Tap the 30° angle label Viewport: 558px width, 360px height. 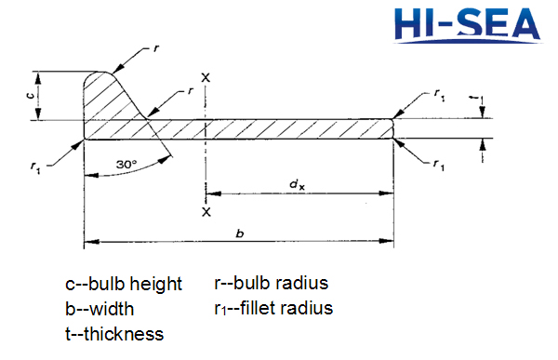pos(128,165)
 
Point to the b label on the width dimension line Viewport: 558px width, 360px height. pos(240,232)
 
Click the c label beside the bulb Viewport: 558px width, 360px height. pos(30,95)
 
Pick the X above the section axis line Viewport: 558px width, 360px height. pos(205,77)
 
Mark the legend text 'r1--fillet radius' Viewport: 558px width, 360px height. pos(273,307)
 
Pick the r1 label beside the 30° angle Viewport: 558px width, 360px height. pos(35,167)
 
